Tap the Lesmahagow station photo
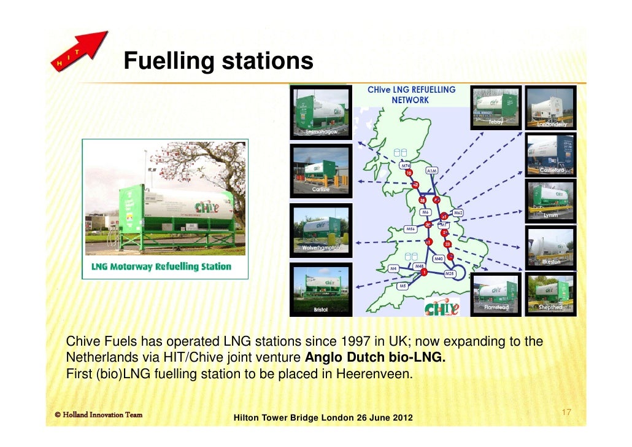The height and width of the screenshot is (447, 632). (320, 111)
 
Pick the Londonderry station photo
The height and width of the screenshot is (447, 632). (551, 107)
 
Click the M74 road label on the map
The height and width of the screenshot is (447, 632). (406, 166)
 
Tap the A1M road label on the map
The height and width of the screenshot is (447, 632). (432, 171)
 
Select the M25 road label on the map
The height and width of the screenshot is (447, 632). (450, 273)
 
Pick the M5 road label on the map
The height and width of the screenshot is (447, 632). (403, 286)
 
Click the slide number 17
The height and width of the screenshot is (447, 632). (566, 413)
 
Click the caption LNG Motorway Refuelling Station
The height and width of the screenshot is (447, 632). (161, 266)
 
